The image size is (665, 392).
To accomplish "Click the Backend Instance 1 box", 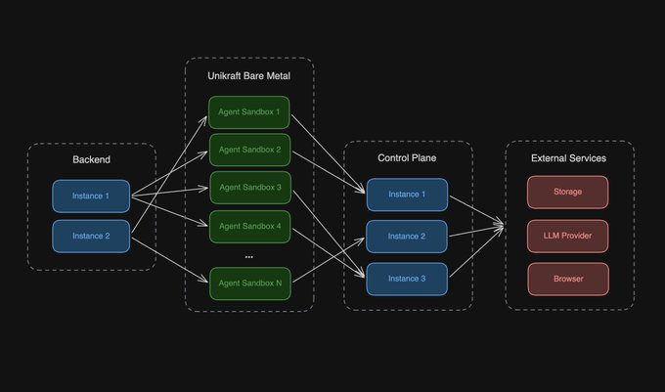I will (91, 196).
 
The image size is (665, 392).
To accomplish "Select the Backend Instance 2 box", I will (91, 237).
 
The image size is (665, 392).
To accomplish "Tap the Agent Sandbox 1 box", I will (249, 112).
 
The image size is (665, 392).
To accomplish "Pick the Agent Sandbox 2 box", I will (249, 150).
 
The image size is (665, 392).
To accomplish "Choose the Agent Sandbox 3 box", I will (249, 188).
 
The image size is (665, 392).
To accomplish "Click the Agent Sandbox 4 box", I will (249, 226).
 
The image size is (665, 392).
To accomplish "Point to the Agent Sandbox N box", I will (249, 283).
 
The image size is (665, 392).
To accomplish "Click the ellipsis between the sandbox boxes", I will (249, 255).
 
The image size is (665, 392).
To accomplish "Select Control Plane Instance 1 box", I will (407, 195).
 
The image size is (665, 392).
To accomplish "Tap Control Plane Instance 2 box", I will (407, 237).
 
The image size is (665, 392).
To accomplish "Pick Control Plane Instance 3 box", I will (407, 279).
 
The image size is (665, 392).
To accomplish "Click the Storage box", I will (568, 192).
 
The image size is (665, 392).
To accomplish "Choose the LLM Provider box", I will (568, 236).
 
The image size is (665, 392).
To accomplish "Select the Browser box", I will (568, 279).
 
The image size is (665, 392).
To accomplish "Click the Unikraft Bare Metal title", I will (249, 76).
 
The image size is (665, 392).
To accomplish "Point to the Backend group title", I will (91, 159).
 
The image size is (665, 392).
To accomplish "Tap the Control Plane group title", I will (407, 157).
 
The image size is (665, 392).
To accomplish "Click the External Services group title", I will (568, 157).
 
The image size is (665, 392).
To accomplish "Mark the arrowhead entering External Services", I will (502, 228).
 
